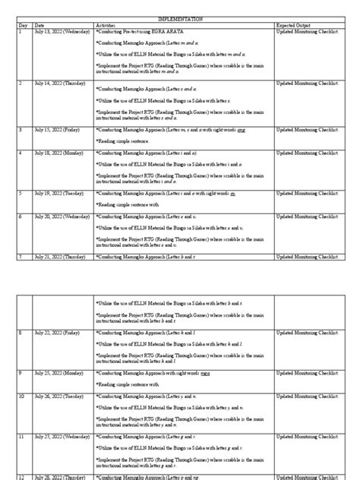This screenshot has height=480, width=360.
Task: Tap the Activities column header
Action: click(106, 25)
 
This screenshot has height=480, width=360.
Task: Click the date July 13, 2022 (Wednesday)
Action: click(63, 32)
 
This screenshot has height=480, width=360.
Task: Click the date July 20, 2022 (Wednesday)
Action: click(63, 216)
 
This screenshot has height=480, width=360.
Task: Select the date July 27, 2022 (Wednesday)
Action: click(63, 437)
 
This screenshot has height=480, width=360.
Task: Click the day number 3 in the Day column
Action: click(21, 130)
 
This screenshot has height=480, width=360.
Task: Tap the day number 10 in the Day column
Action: click(21, 396)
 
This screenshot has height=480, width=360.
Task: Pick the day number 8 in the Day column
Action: click(21, 333)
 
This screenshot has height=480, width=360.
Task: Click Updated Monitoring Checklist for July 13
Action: click(307, 32)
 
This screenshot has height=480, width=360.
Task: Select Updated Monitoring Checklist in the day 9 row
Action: click(307, 373)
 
